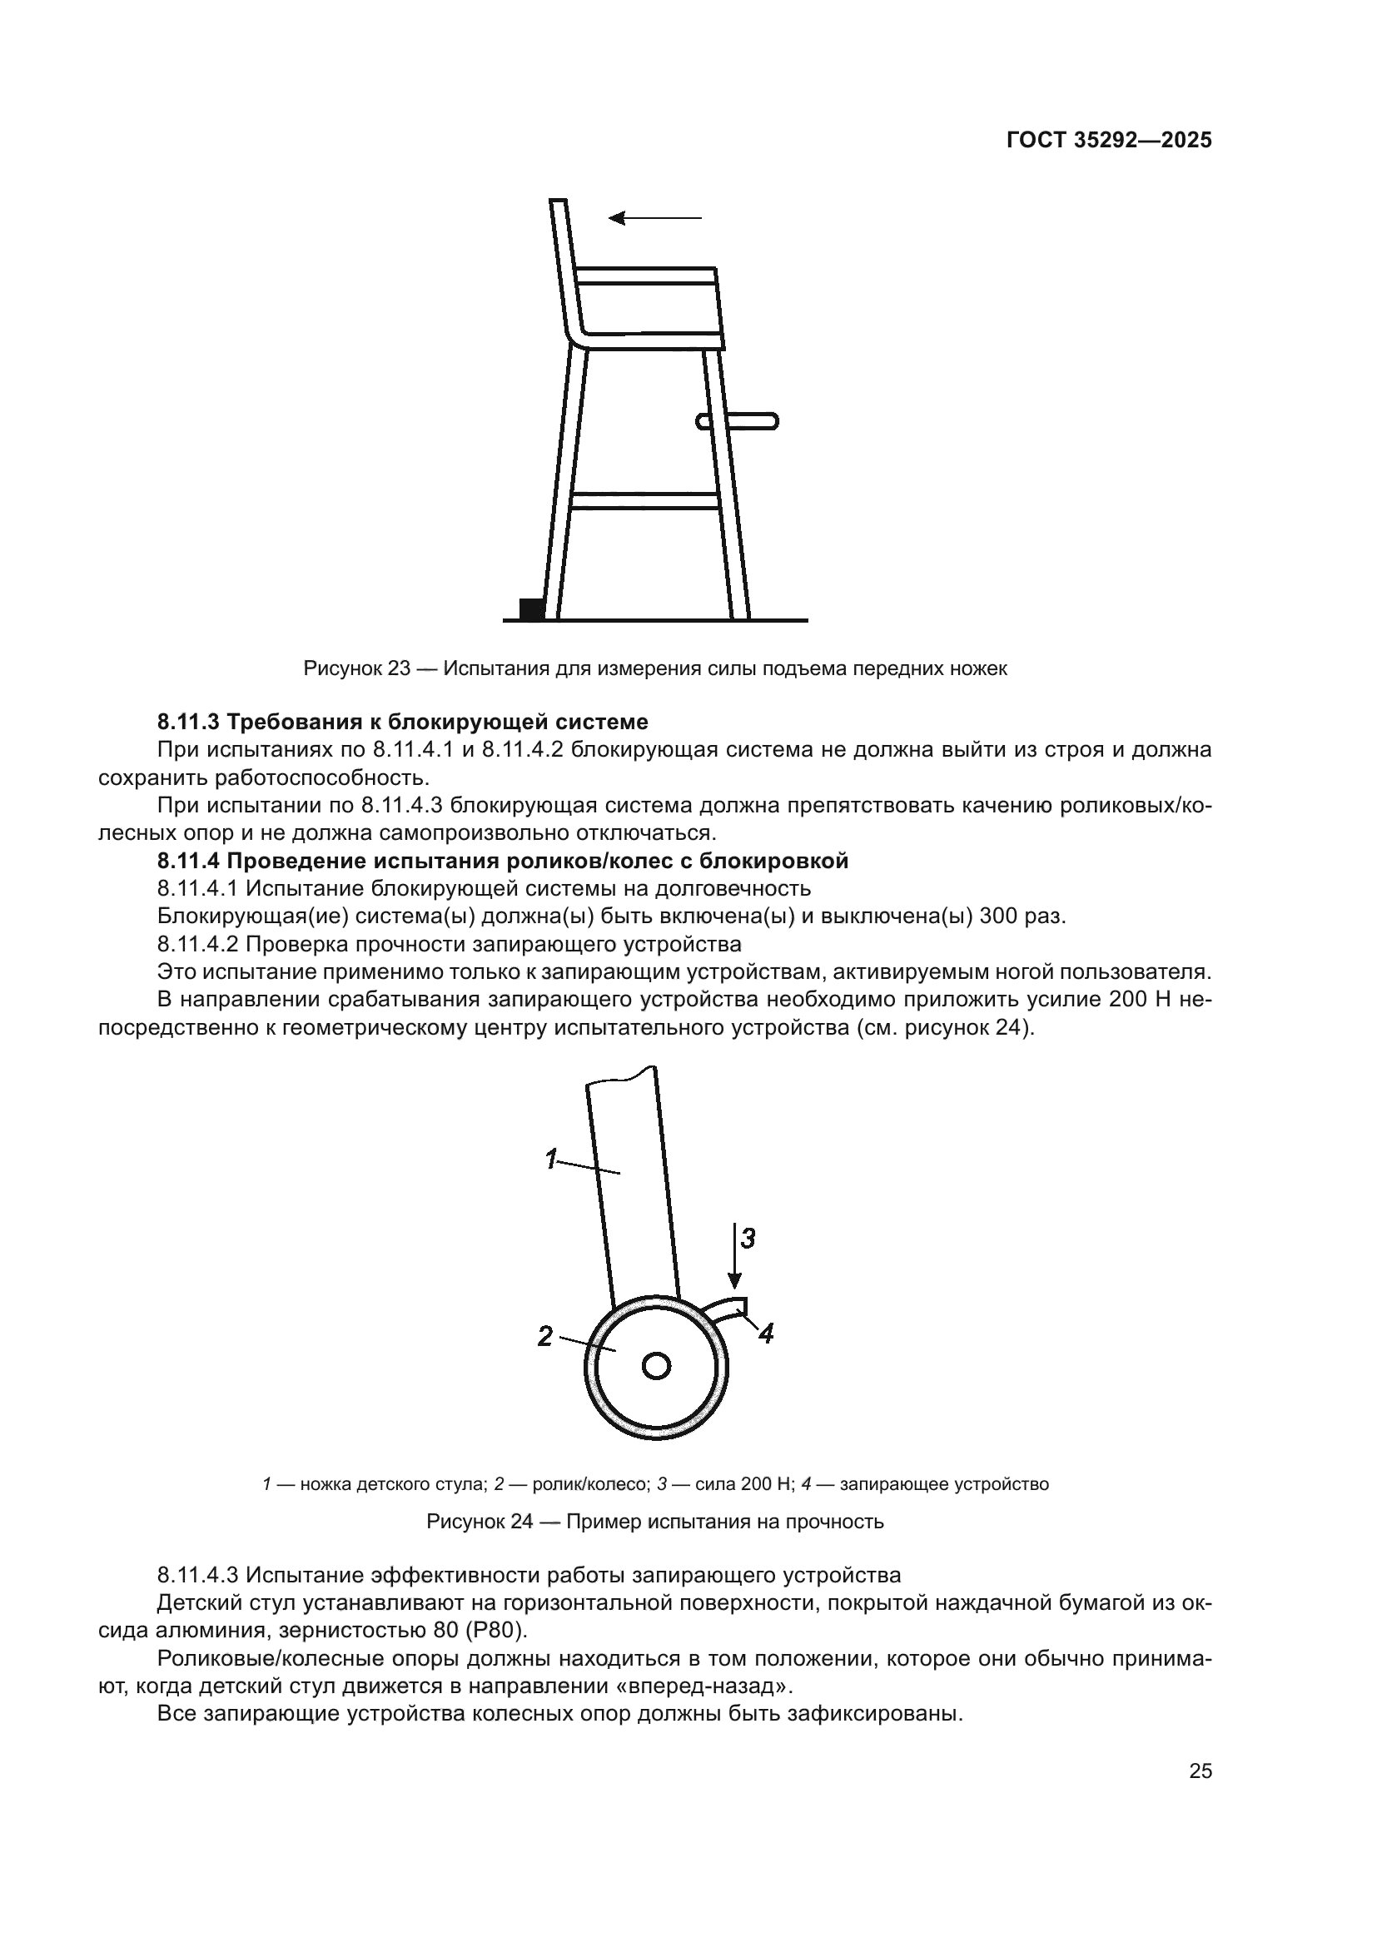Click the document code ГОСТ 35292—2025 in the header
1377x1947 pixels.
[1109, 141]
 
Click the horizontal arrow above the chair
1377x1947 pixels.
[655, 218]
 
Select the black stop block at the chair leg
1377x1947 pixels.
[531, 608]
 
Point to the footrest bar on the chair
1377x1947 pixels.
[737, 420]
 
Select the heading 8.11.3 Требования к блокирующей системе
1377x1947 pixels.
[403, 722]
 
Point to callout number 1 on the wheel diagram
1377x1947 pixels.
[551, 1159]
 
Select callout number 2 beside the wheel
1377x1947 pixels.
[545, 1338]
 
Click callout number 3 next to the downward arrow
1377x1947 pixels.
[747, 1239]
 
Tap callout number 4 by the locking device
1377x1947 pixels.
[766, 1334]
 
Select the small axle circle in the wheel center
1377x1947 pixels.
[656, 1366]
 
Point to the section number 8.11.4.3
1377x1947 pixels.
[197, 1575]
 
